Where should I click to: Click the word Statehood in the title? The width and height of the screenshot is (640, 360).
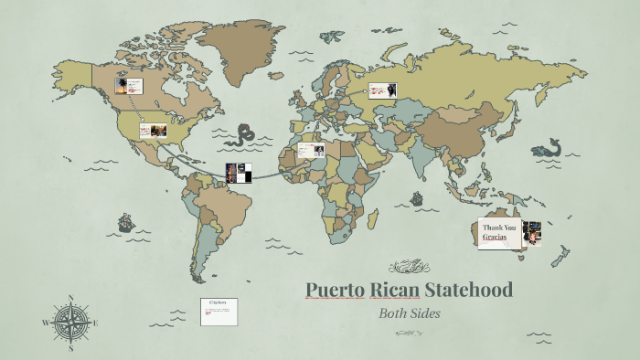coord(469,291)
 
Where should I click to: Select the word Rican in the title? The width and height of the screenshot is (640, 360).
coord(395,291)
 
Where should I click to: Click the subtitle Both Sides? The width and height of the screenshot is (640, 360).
coord(410,312)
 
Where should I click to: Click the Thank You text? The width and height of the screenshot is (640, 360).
coord(500,228)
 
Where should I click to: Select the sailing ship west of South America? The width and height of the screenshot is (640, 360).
coord(124,222)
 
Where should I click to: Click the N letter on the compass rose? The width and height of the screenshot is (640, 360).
coord(70,298)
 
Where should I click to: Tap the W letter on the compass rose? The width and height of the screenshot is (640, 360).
coord(45,323)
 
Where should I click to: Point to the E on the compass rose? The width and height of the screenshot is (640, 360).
coord(95,323)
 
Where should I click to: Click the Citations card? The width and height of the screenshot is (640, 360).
coord(219,311)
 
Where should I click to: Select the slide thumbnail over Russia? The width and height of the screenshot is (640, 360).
coord(383,90)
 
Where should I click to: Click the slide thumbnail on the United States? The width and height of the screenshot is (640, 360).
coord(153,131)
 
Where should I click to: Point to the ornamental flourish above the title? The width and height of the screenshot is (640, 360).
coord(409,267)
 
